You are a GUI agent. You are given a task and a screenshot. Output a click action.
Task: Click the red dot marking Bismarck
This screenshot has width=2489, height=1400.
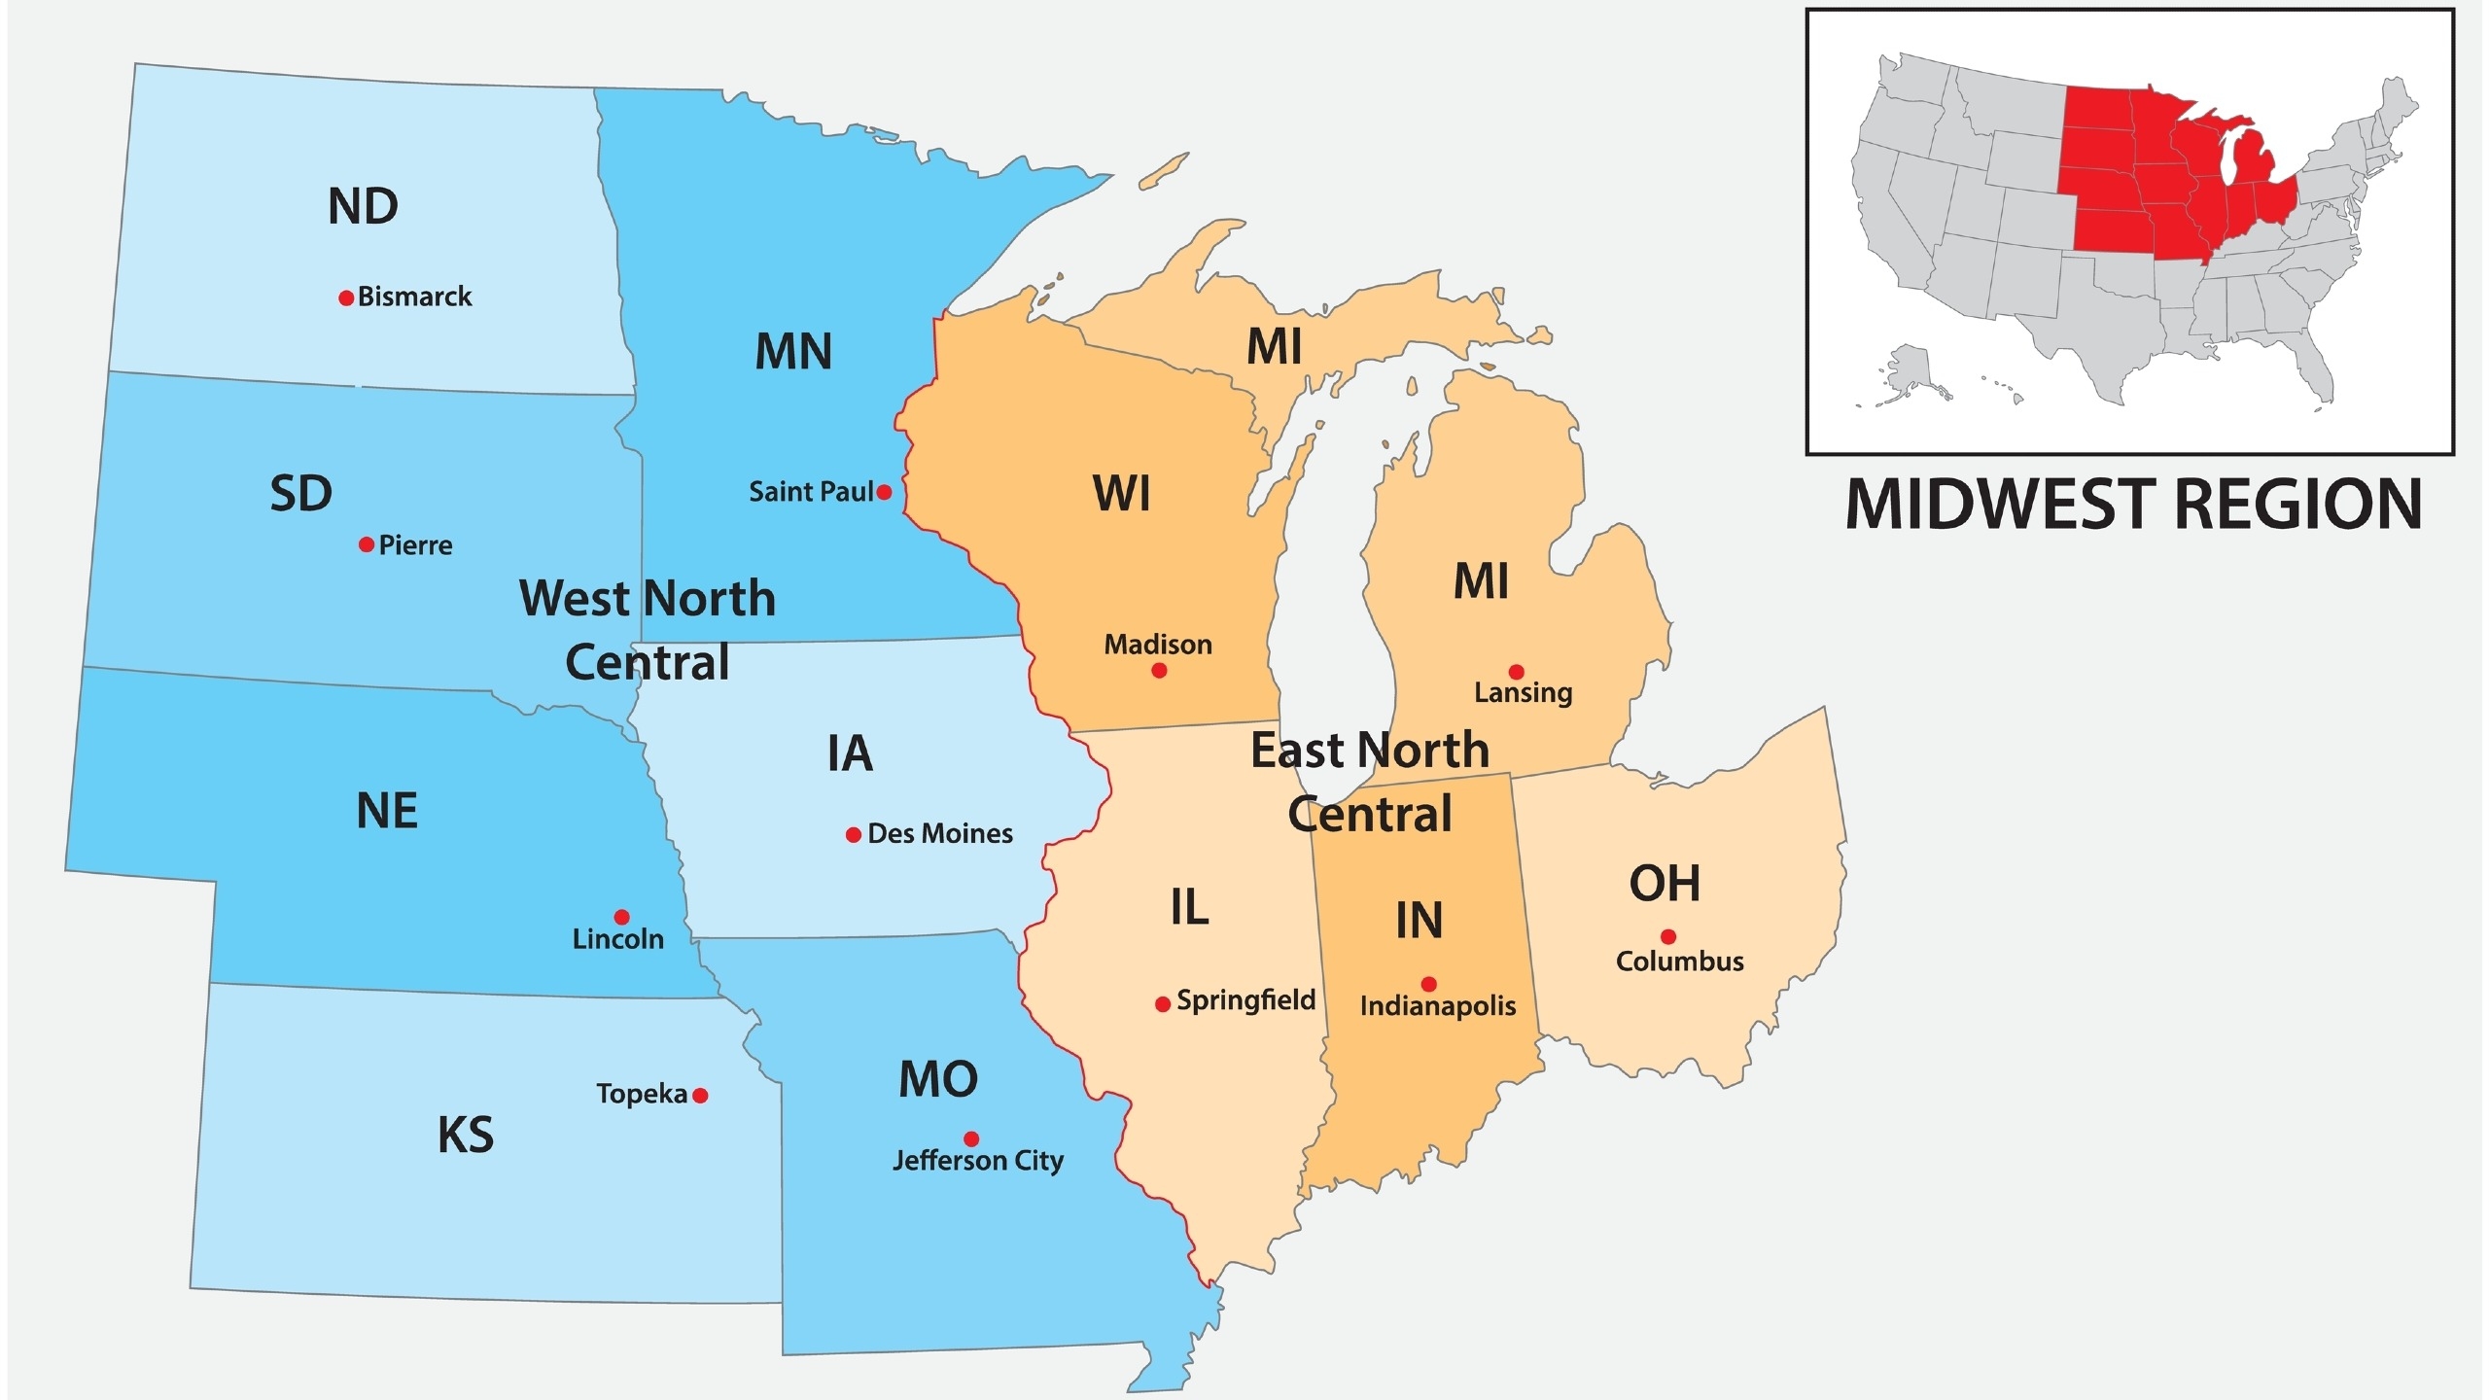pyautogui.click(x=345, y=297)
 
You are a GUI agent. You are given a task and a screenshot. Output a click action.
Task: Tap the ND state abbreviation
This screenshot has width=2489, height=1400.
pyautogui.click(x=363, y=207)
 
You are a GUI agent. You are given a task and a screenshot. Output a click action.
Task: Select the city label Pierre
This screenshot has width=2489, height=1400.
pyautogui.click(x=415, y=545)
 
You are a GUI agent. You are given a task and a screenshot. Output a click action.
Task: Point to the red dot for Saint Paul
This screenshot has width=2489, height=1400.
pyautogui.click(x=884, y=492)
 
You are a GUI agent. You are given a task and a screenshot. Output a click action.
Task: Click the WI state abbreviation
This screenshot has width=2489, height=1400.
pyautogui.click(x=1121, y=494)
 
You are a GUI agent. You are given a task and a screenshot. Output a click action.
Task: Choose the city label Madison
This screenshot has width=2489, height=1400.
pyautogui.click(x=1157, y=645)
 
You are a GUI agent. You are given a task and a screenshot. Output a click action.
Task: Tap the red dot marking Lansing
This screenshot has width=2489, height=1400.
pyautogui.click(x=1516, y=672)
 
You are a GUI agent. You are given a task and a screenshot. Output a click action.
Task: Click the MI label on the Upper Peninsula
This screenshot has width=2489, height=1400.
pyautogui.click(x=1274, y=347)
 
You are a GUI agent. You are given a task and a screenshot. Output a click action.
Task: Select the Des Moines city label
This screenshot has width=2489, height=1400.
pyautogui.click(x=939, y=834)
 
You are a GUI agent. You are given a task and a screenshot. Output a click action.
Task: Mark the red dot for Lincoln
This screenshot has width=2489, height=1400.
pyautogui.click(x=621, y=917)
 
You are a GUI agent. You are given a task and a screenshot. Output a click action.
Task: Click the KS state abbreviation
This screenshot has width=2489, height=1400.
pyautogui.click(x=466, y=1136)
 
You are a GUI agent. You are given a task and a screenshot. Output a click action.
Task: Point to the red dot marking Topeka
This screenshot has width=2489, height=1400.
pyautogui.click(x=700, y=1096)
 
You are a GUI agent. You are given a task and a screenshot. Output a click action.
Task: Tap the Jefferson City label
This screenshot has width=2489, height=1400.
pyautogui.click(x=977, y=1161)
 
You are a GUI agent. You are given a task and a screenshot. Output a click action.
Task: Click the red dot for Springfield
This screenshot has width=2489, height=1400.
pyautogui.click(x=1162, y=1004)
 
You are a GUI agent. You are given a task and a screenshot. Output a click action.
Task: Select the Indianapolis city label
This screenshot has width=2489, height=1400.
pyautogui.click(x=1437, y=1006)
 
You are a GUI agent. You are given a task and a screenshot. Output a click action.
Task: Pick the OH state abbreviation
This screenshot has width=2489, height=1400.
pyautogui.click(x=1665, y=884)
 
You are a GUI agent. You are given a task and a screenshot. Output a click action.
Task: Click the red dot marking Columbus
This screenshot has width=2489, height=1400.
pyautogui.click(x=1668, y=937)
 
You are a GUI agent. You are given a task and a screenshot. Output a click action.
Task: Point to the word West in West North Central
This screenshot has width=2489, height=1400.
pyautogui.click(x=575, y=599)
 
